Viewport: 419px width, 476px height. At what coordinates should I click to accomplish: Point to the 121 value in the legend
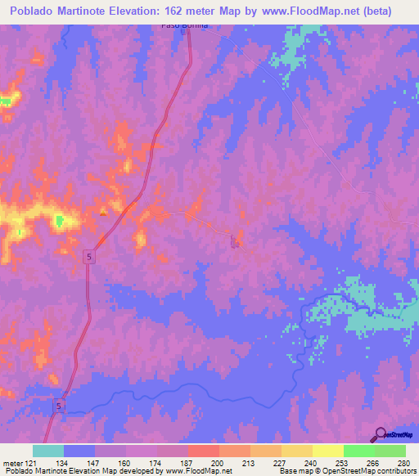[x=32, y=463]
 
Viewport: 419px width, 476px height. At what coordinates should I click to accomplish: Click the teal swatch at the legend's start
[x=48, y=451]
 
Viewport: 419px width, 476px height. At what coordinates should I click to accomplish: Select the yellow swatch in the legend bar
[x=327, y=451]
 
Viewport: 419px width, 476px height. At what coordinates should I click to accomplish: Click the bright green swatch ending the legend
[x=390, y=451]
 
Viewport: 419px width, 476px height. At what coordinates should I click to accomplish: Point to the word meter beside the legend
[x=11, y=463]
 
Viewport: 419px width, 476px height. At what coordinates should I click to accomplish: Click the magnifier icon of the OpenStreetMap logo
[x=379, y=433]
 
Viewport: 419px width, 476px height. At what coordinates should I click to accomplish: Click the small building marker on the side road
[x=235, y=241]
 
